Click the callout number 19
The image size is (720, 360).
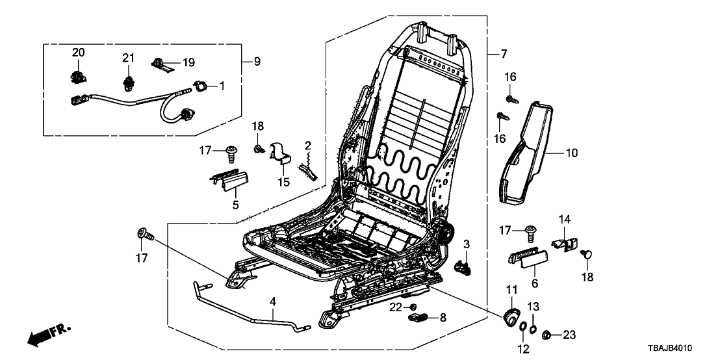pos(188,62)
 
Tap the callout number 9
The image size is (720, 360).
pos(257,62)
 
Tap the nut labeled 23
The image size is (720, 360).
pos(548,335)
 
